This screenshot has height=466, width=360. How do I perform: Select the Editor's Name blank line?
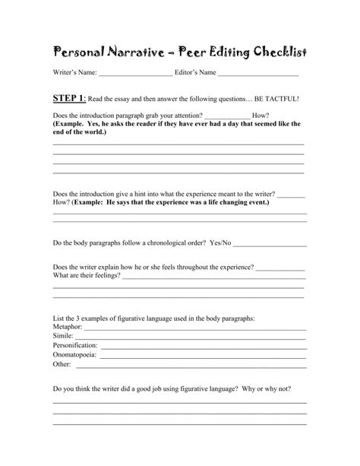[258, 74]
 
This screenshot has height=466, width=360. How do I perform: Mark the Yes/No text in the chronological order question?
[220, 244]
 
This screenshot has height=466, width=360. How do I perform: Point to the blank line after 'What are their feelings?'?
[213, 277]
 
